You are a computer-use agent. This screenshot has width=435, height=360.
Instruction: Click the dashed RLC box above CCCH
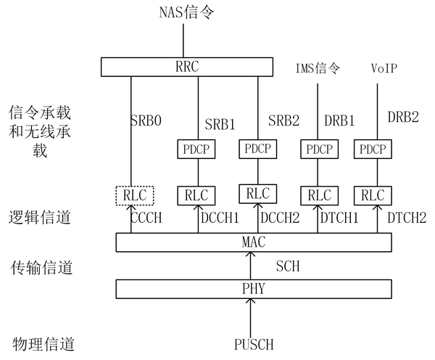point(131,196)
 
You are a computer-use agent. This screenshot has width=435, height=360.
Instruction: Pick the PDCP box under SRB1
point(198,150)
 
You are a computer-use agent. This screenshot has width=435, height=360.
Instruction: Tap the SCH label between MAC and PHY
point(287,266)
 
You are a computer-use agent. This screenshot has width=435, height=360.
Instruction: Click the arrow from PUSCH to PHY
point(250,316)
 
